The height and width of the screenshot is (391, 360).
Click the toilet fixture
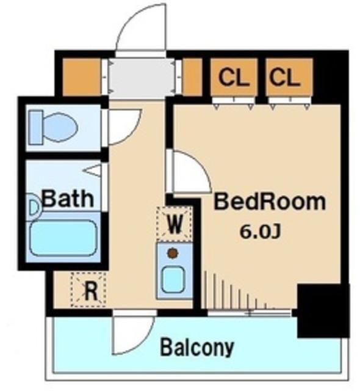(x=53, y=128)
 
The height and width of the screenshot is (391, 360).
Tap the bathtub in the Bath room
(x=63, y=238)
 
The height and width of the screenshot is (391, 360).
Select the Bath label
(x=68, y=199)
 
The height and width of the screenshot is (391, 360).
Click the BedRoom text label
(x=270, y=202)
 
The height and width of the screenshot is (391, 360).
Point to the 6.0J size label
(x=261, y=232)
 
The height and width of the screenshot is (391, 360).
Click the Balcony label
(x=197, y=347)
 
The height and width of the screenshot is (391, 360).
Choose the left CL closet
(x=234, y=77)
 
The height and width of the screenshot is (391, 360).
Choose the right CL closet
(x=289, y=77)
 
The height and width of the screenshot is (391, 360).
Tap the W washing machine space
(x=175, y=223)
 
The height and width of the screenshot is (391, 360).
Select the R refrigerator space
(x=89, y=290)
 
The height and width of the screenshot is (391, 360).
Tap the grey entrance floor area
(x=142, y=77)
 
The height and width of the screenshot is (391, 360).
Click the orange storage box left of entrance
(x=81, y=77)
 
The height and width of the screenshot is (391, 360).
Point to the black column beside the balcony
(x=323, y=310)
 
